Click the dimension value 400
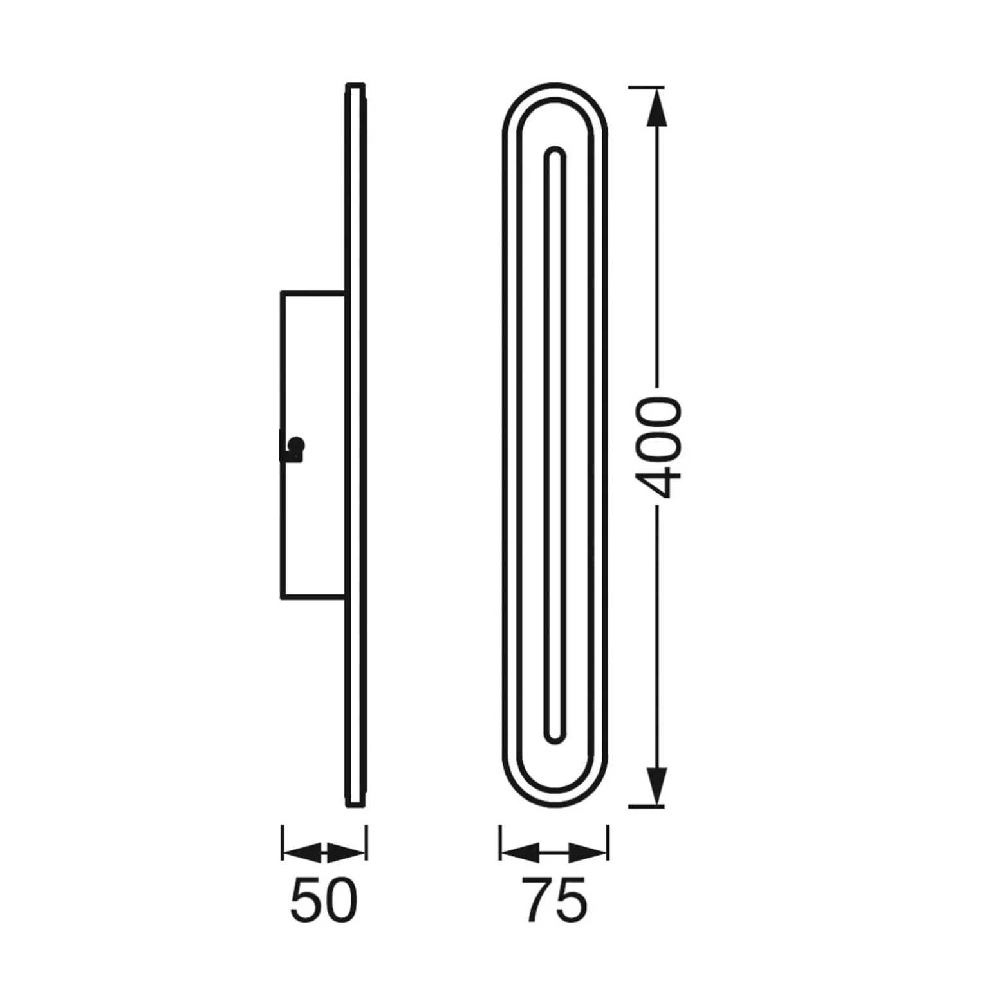click(x=658, y=447)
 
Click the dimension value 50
click(x=323, y=900)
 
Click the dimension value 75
click(x=554, y=900)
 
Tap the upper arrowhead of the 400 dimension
click(x=656, y=107)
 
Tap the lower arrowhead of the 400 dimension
click(x=656, y=786)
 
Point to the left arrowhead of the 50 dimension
click(x=302, y=853)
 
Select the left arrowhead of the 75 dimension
click(x=520, y=854)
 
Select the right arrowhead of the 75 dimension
click(x=588, y=854)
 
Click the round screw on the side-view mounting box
click(x=296, y=445)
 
